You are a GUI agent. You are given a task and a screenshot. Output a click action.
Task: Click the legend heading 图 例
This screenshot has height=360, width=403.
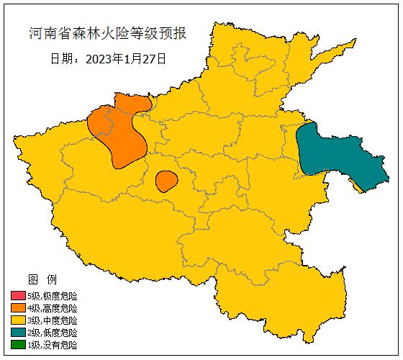[42, 279]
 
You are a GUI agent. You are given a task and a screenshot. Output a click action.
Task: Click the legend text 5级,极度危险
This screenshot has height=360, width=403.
[52, 296]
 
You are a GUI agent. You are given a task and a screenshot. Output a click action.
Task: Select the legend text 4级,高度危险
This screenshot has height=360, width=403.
[52, 308]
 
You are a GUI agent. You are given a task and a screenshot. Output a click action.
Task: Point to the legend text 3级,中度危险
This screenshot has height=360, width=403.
[52, 320]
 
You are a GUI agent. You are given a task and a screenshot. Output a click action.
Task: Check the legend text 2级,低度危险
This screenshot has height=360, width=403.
[52, 333]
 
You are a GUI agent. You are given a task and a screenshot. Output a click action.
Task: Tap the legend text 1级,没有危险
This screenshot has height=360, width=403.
[52, 345]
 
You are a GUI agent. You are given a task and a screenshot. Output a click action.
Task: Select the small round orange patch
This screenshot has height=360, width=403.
[166, 181]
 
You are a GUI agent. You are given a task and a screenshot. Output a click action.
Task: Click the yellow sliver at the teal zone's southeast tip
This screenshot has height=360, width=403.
[357, 186]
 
